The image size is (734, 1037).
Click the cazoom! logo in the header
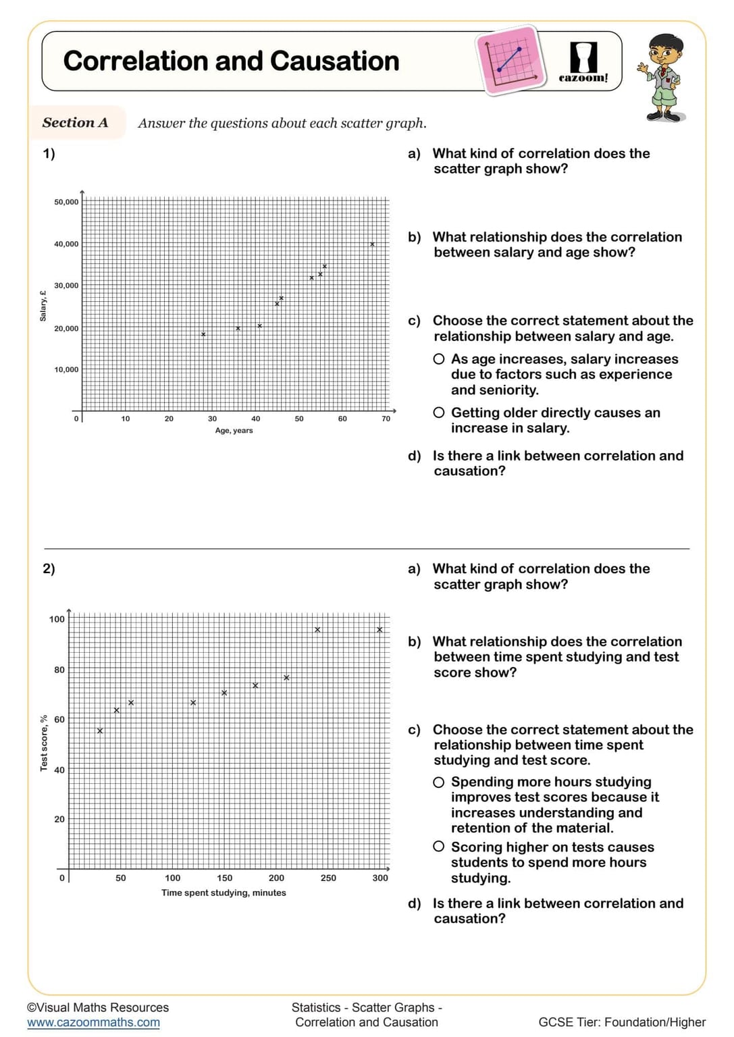tap(583, 62)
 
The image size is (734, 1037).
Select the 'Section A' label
tap(75, 123)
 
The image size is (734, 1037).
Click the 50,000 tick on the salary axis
tap(66, 202)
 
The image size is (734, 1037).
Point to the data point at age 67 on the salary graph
tap(372, 244)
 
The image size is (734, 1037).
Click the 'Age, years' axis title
tap(234, 431)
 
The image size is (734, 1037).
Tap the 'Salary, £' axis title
tap(43, 306)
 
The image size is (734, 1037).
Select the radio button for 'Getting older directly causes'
tap(439, 413)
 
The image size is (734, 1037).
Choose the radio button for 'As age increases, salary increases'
tap(439, 359)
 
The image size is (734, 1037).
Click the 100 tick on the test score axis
tap(57, 619)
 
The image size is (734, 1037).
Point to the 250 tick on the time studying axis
tap(328, 878)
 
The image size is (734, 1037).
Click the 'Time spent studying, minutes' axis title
tap(224, 893)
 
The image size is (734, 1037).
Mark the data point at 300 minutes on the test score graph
tap(379, 630)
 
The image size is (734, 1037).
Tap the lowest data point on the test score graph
tap(100, 730)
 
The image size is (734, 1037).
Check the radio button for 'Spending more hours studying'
tap(439, 782)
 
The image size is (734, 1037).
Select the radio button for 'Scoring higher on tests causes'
tap(439, 847)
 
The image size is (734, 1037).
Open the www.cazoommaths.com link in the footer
tap(93, 1023)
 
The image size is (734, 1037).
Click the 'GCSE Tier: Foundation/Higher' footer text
tap(621, 1023)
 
